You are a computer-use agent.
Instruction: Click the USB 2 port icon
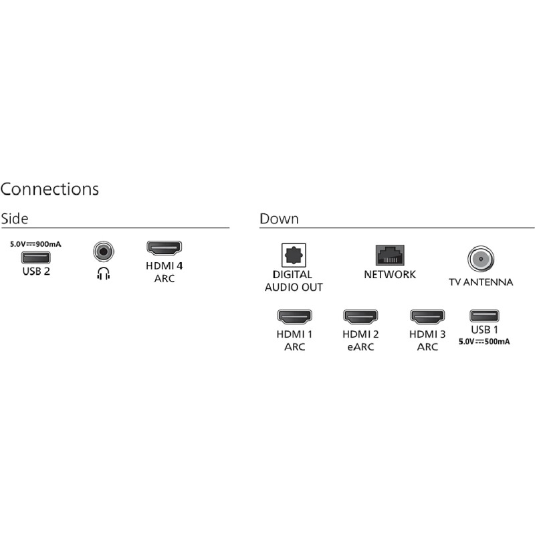coord(36,257)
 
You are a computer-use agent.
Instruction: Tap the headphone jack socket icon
coord(104,252)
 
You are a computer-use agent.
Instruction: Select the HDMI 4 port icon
coord(164,248)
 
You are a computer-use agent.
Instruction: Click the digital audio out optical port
coord(294,255)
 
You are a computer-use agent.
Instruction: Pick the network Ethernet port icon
coord(390,255)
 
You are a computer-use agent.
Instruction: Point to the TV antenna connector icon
coord(481,259)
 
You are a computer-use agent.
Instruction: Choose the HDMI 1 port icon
coord(294,316)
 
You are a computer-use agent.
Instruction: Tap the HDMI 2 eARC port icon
coord(360,316)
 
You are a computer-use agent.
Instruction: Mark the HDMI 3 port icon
coord(427,316)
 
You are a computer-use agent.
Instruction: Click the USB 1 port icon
coord(484,316)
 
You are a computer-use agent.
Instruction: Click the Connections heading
coord(49,189)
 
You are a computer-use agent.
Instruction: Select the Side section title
coord(14,219)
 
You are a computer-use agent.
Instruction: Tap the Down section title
coord(279,219)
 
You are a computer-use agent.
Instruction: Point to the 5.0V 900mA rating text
coord(35,244)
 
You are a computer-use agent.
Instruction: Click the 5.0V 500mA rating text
coord(484,342)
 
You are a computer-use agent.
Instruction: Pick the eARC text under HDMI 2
coord(360,347)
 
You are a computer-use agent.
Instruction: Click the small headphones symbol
coord(104,274)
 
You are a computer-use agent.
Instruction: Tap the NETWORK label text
coord(390,275)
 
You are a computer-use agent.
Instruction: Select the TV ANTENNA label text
coord(481,282)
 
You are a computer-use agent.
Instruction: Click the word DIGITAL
coord(292,275)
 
